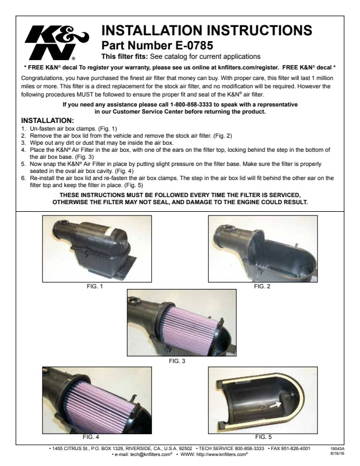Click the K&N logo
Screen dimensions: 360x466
tap(56, 43)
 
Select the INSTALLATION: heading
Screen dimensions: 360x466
tap(48, 121)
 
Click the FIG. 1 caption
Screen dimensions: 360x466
tap(95, 287)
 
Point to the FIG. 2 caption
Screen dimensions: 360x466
tap(262, 287)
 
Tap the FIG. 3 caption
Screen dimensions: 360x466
tap(177, 361)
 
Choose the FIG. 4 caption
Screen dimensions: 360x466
tap(91, 437)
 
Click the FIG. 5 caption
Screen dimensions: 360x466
tap(264, 437)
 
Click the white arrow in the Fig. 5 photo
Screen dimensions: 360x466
tap(275, 404)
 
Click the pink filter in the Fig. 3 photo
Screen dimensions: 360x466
tap(191, 325)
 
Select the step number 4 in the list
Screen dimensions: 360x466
tap(23, 150)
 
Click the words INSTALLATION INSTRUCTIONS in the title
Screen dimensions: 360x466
tap(206, 31)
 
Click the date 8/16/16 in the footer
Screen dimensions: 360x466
tap(337, 454)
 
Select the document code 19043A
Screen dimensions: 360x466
tap(337, 449)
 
